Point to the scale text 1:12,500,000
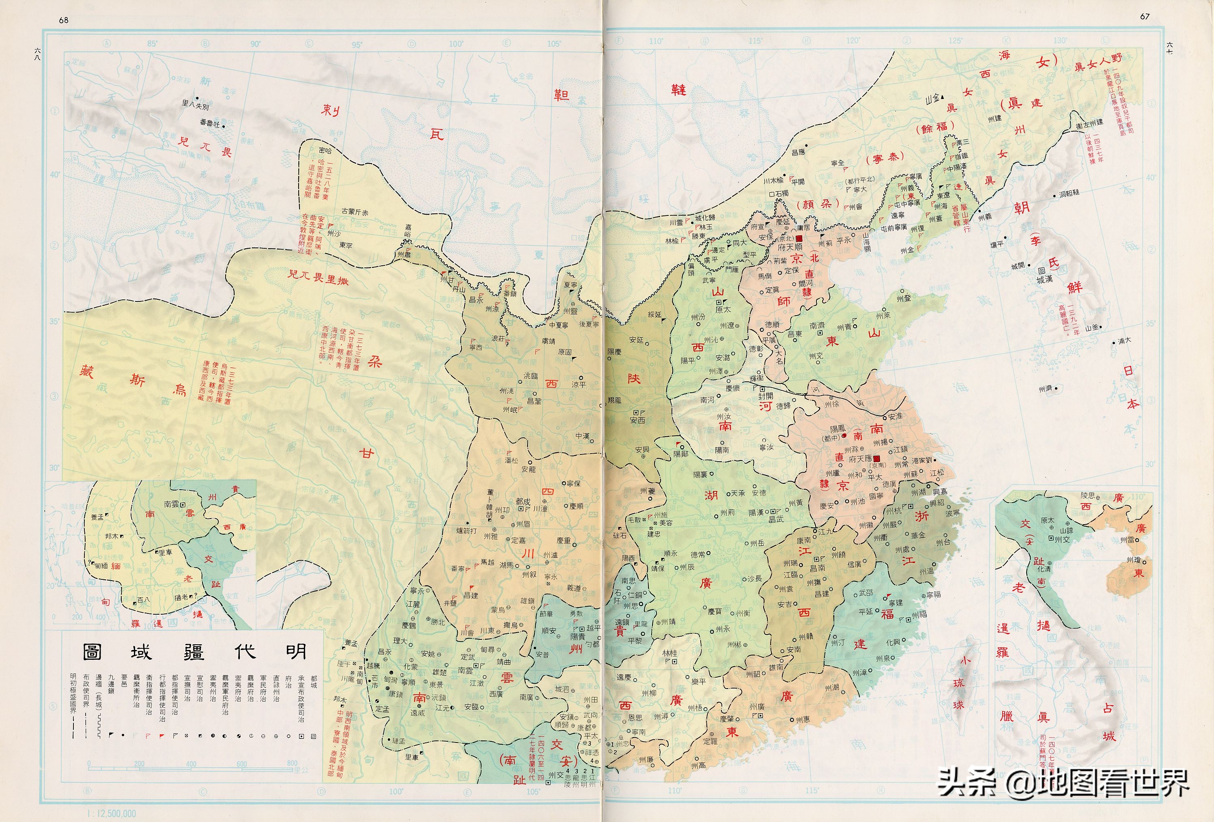click(x=112, y=813)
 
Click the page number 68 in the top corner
click(x=64, y=20)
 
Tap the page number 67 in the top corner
click(x=1145, y=16)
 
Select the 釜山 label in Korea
click(x=1092, y=328)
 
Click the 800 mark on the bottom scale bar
click(x=291, y=763)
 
